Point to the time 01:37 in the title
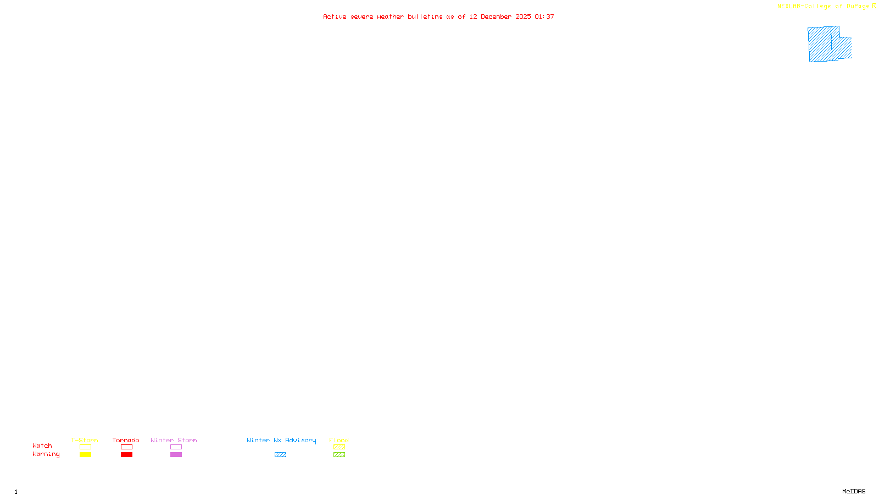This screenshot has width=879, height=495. [544, 17]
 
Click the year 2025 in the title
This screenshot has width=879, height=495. [523, 17]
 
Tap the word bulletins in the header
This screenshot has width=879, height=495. [425, 17]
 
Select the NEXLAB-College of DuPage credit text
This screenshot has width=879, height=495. [823, 7]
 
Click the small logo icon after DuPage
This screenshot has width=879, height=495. [874, 6]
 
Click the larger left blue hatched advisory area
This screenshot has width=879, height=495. [820, 44]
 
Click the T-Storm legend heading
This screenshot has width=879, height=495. [85, 440]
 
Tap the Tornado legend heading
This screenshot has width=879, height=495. [126, 440]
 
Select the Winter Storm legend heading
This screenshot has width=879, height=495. [174, 440]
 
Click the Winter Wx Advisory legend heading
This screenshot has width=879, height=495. [281, 440]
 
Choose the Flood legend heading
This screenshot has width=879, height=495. [339, 440]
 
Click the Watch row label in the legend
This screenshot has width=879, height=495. [42, 446]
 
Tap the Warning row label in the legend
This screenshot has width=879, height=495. [46, 454]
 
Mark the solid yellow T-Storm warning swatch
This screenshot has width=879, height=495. [85, 455]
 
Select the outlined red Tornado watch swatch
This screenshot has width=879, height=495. [126, 447]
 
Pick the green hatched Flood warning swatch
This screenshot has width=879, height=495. [339, 455]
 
